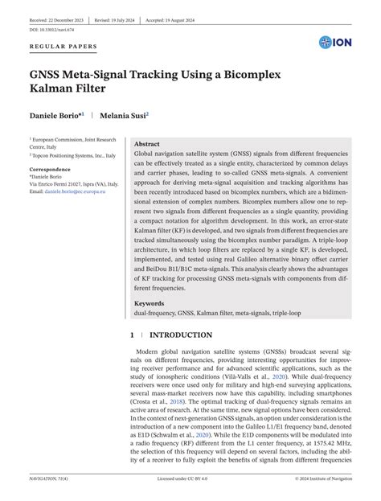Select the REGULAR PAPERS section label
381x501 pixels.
pyautogui.click(x=63, y=47)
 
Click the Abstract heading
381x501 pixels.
pyautogui.click(x=152, y=142)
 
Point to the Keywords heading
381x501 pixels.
pyautogui.click(x=150, y=303)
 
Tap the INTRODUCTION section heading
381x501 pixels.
pyautogui.click(x=181, y=335)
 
